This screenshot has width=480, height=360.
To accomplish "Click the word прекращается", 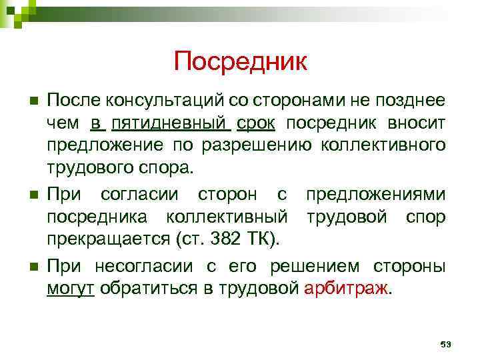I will coord(98,238).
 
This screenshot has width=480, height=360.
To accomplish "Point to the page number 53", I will coord(446,344).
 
